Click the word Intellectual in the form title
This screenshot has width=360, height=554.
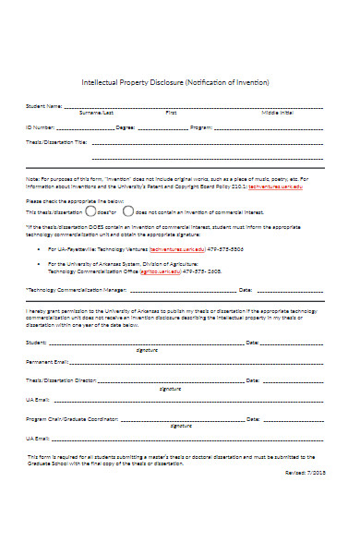pyautogui.click(x=109, y=83)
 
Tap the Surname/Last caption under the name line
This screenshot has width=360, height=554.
pyautogui.click(x=97, y=113)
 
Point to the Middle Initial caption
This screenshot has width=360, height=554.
pyautogui.click(x=278, y=113)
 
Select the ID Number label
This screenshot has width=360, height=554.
pyautogui.click(x=40, y=126)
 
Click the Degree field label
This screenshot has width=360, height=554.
pyautogui.click(x=126, y=126)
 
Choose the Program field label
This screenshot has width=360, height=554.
pyautogui.click(x=201, y=126)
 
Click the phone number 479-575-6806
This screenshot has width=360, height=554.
pyautogui.click(x=224, y=248)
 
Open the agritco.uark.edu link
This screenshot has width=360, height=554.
pyautogui.click(x=151, y=271)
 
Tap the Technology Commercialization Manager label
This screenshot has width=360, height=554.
pyautogui.click(x=71, y=289)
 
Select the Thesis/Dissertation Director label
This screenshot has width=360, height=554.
pyautogui.click(x=61, y=355)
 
